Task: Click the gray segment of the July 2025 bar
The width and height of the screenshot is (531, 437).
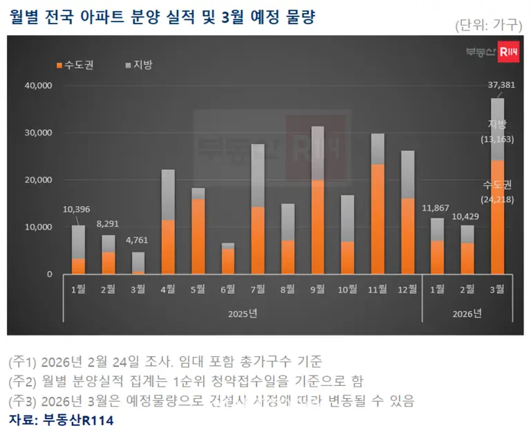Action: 258,175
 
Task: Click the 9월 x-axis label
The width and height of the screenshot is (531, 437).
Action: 317,288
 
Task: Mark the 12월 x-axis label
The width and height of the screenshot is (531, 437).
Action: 407,288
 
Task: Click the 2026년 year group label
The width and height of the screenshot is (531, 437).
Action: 467,313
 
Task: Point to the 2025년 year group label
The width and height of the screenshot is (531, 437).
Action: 243,313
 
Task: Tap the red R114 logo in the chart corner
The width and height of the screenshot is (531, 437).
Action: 508,51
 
